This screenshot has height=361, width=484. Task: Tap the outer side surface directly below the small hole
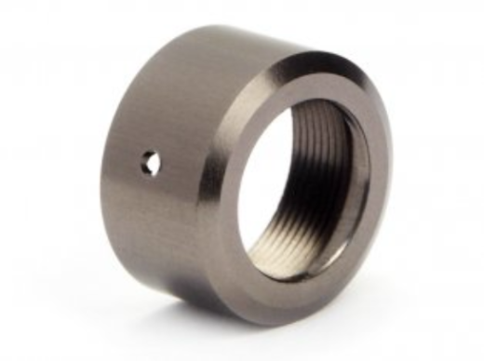tap(154, 223)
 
